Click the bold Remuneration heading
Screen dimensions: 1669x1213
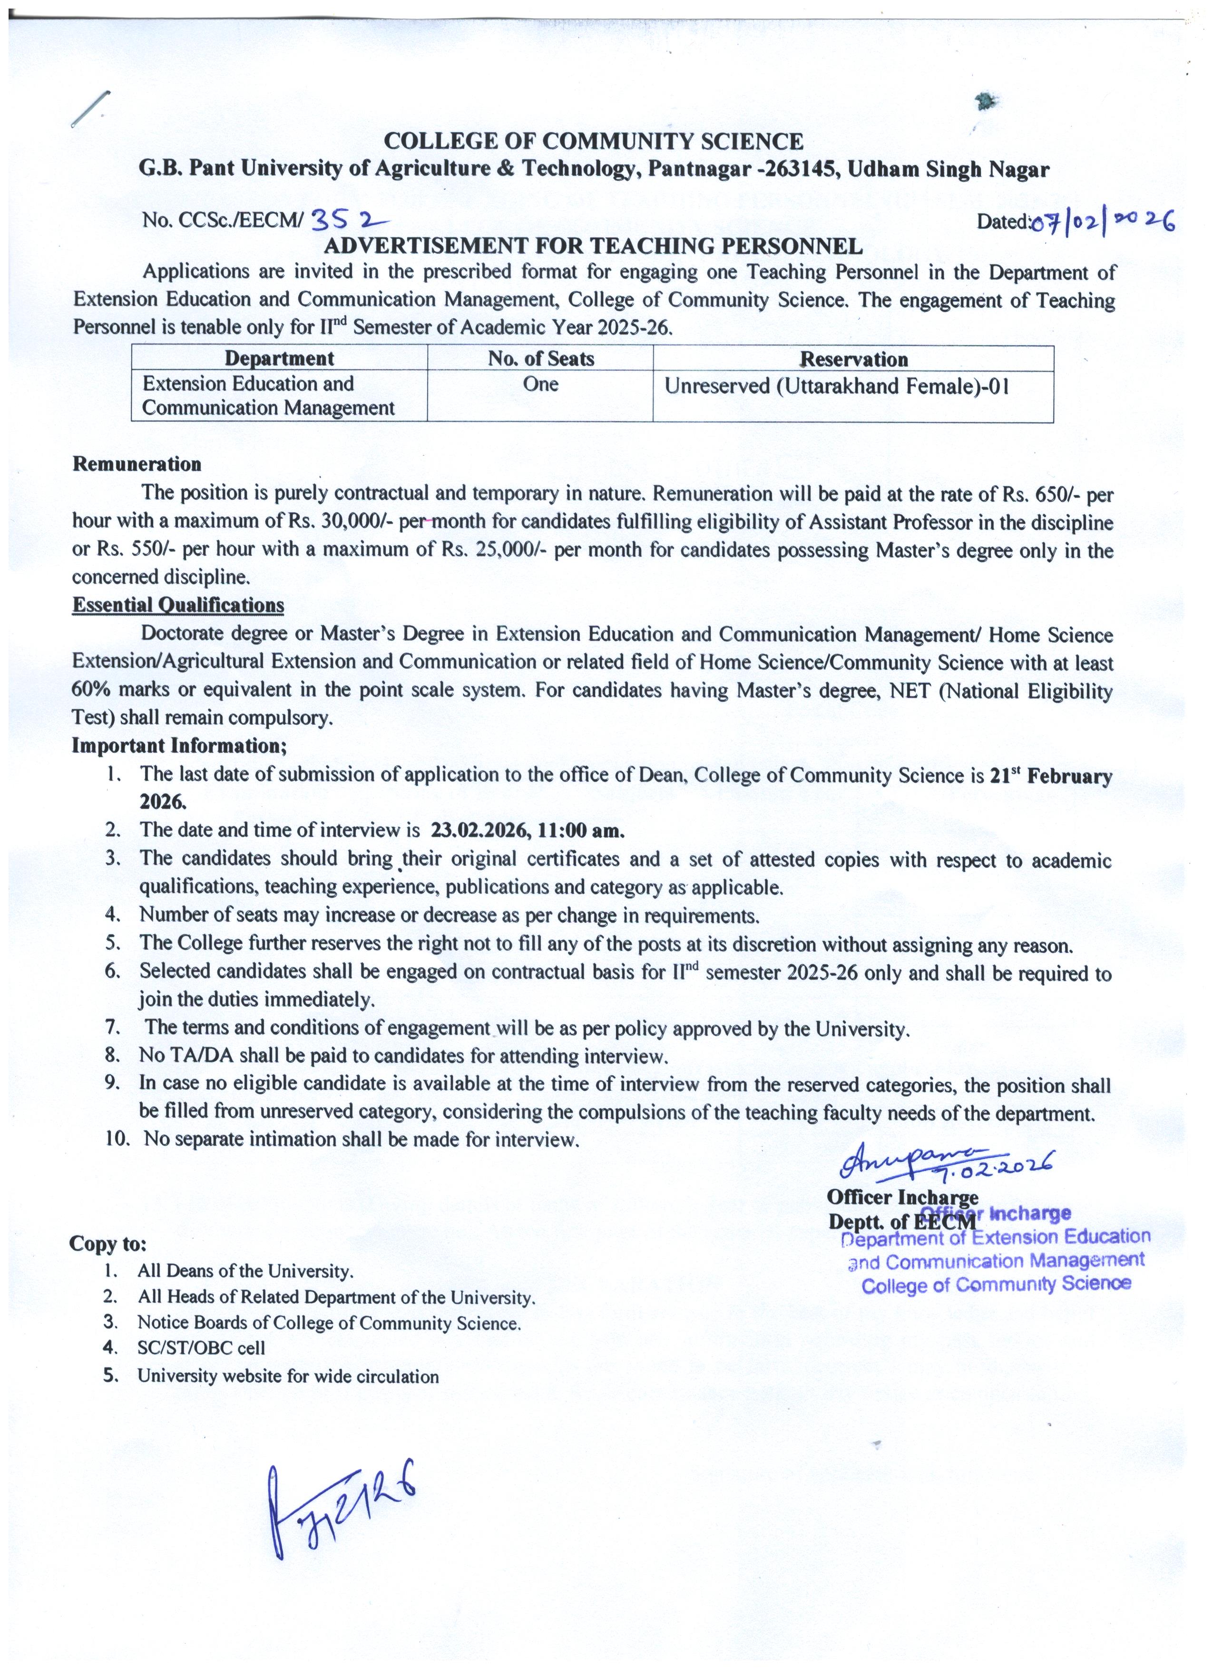[137, 464]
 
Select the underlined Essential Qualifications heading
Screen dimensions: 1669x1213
[178, 605]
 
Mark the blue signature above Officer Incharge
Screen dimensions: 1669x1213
[945, 1163]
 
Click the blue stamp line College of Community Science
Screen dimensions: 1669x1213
[996, 1285]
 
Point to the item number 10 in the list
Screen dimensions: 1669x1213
[116, 1140]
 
